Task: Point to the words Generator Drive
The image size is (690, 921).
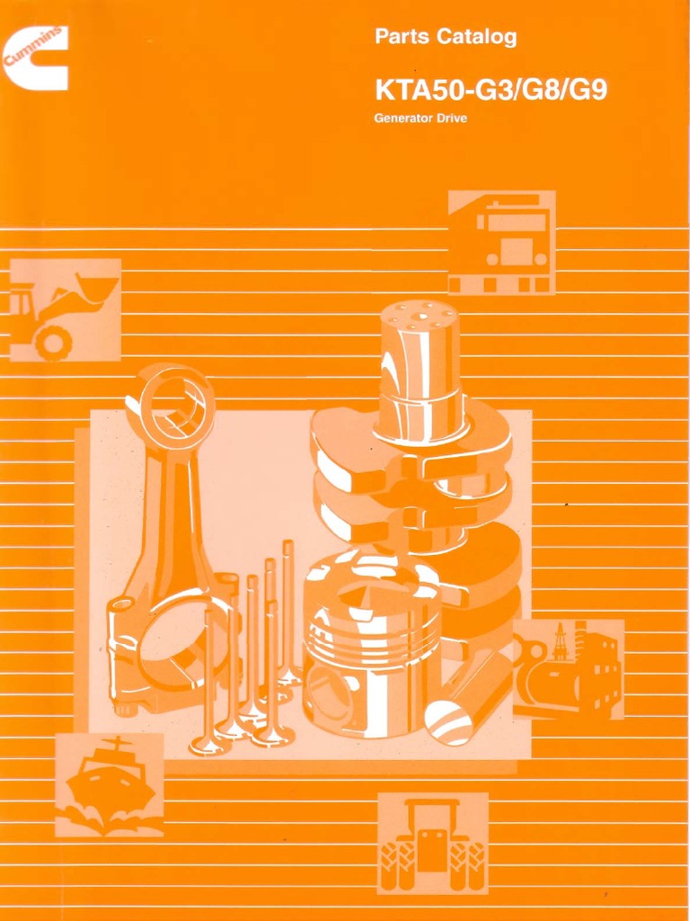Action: [420, 119]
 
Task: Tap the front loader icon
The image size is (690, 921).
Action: [64, 309]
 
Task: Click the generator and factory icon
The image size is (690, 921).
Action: [568, 669]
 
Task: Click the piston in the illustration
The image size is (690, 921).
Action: [371, 643]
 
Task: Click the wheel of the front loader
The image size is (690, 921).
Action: [52, 343]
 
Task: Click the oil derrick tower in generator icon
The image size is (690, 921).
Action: [561, 641]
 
